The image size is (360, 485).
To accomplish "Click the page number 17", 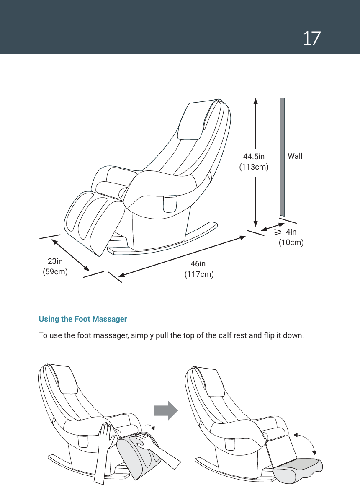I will coord(312,39).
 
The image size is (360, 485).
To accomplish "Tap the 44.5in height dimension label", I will coord(254,157).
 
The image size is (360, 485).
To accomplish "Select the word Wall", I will coord(295,156).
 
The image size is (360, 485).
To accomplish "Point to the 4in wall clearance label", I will coord(291,232).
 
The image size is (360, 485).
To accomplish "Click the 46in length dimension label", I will coord(198,264).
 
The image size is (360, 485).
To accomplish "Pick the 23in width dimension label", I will coord(55,261).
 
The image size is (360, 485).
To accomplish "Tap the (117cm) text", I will coord(199,275).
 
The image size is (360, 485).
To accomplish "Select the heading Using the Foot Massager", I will coord(82,319).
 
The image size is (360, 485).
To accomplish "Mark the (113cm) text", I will coord(254,167).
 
